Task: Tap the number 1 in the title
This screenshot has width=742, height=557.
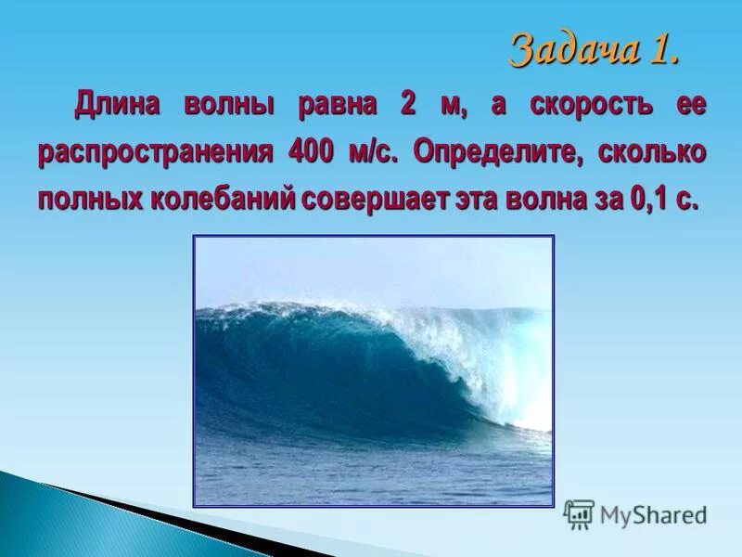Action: (x=664, y=49)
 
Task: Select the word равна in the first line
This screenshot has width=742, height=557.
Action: (x=337, y=105)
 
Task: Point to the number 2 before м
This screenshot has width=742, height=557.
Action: (x=408, y=105)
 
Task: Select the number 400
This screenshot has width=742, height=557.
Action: (x=310, y=151)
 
